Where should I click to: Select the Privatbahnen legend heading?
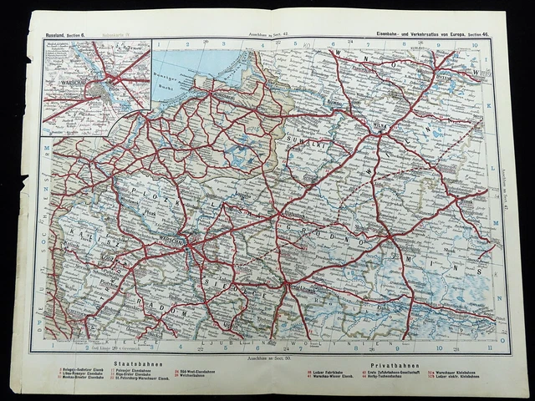(x=399, y=353)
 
